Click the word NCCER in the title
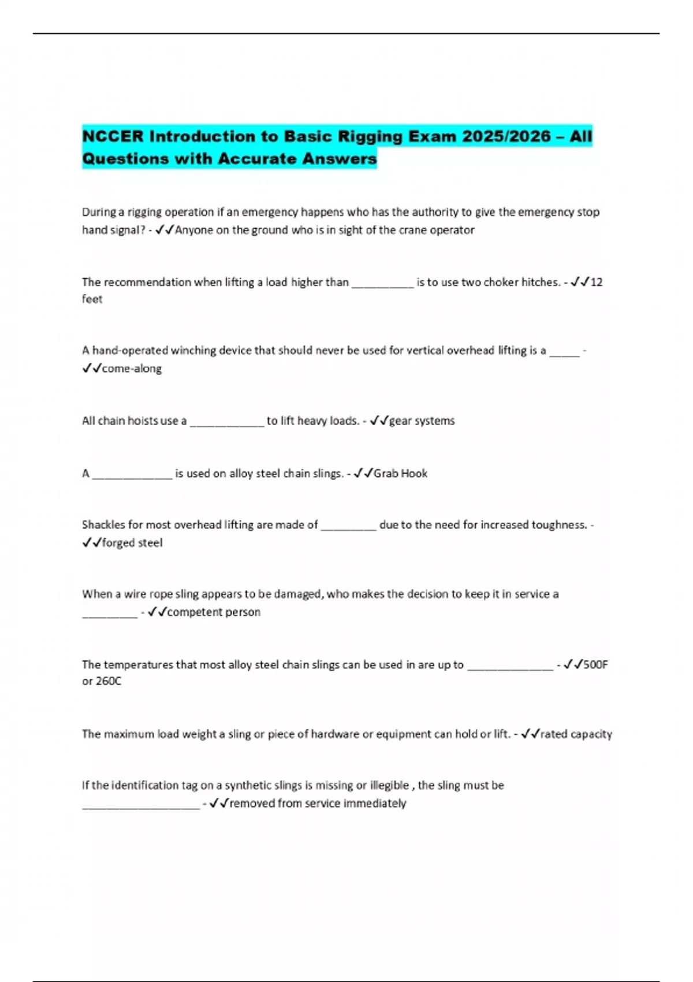(113, 136)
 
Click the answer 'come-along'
(132, 369)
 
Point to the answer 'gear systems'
(422, 421)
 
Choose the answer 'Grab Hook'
(400, 474)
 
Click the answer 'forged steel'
(132, 543)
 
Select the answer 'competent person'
(214, 612)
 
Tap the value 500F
(595, 665)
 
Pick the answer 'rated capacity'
(576, 734)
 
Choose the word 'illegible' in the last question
(389, 786)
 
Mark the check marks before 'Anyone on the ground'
(165, 230)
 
